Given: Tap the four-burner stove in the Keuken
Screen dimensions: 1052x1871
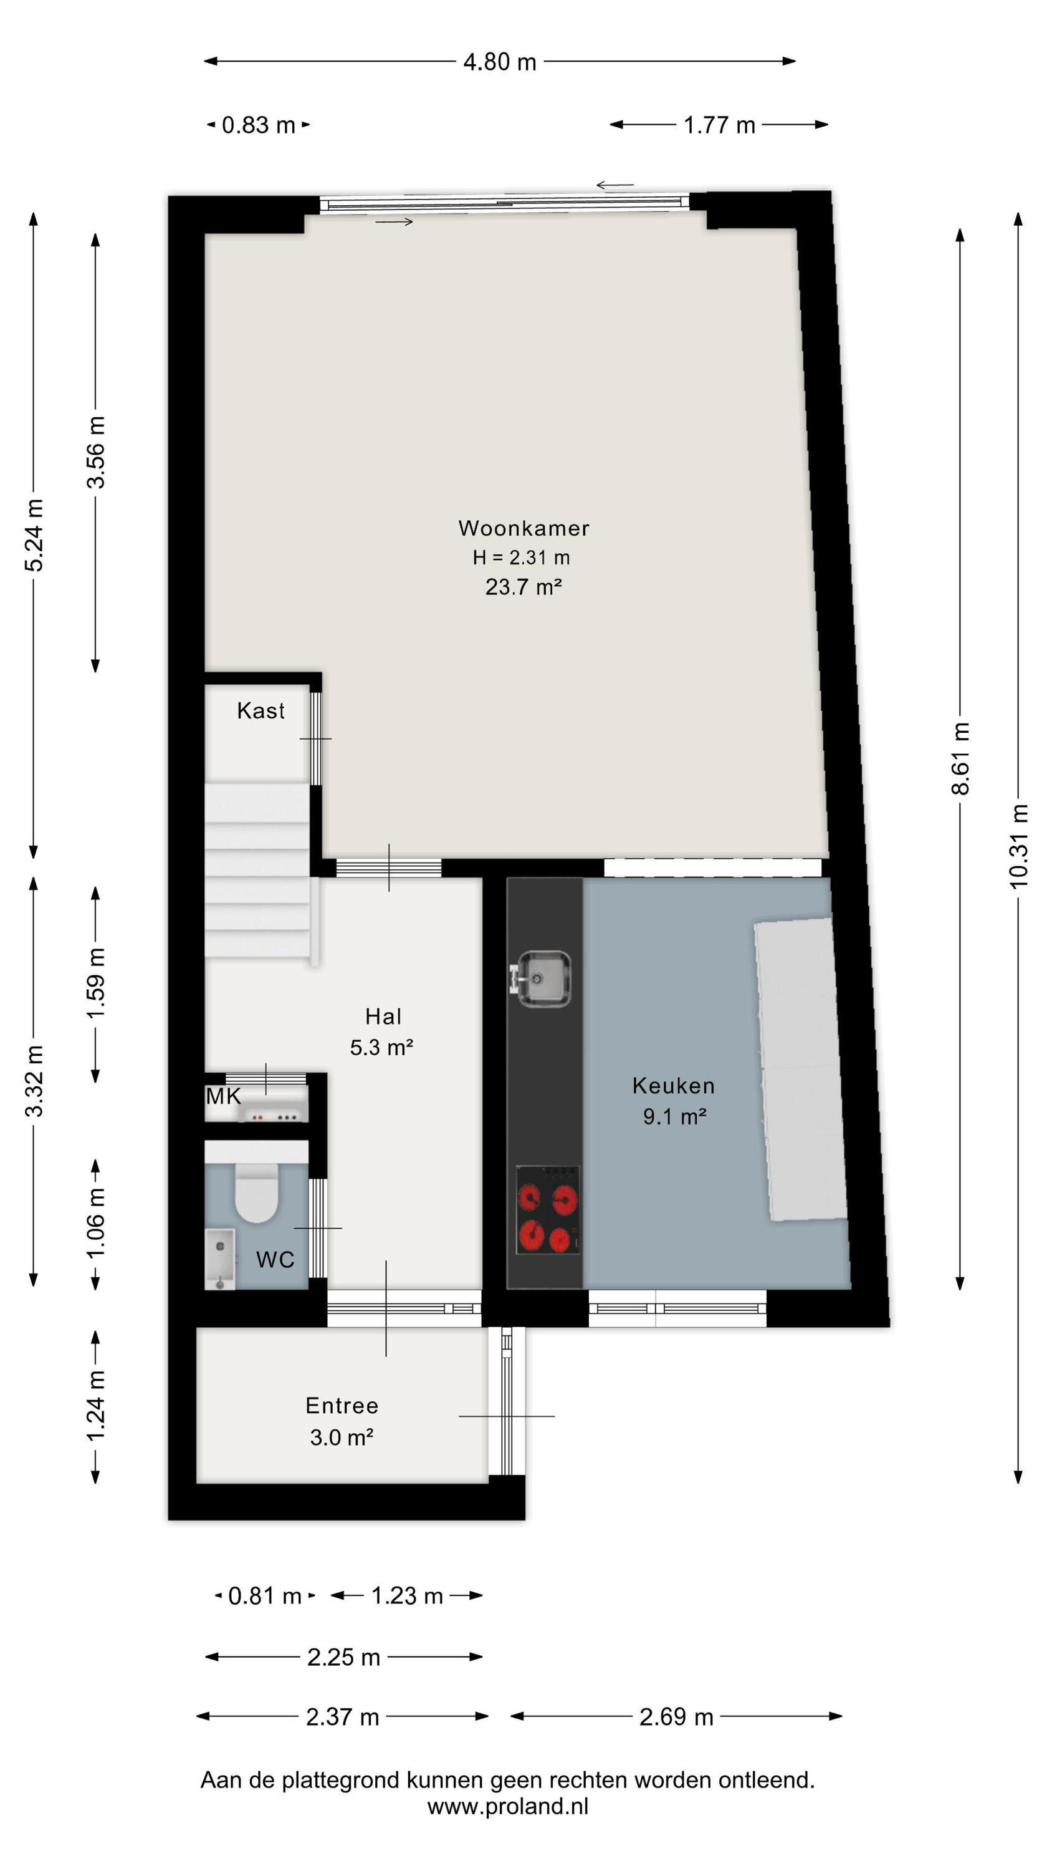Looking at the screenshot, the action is pyautogui.click(x=547, y=1209).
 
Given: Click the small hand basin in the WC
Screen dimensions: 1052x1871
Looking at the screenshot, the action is pyautogui.click(x=220, y=1259).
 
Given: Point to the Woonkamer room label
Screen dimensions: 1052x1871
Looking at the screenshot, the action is pyautogui.click(x=524, y=528).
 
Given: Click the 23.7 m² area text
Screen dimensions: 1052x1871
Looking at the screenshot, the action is pyautogui.click(x=524, y=586).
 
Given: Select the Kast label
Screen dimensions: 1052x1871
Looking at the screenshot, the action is pyautogui.click(x=261, y=710).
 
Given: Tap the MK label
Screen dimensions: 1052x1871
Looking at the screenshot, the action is pyautogui.click(x=223, y=1096).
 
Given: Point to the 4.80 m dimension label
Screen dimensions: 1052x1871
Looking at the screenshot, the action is pyautogui.click(x=499, y=62).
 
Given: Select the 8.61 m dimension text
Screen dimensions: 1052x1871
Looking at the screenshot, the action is pyautogui.click(x=960, y=758).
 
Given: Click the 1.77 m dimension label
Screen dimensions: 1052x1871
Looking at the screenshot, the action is pyautogui.click(x=719, y=125).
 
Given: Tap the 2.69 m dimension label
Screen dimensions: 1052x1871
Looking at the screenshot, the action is pyautogui.click(x=676, y=1716).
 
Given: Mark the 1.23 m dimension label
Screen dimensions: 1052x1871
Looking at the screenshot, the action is pyautogui.click(x=406, y=1596).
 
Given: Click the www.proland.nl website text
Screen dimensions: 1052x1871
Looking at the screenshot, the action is pyautogui.click(x=507, y=1806).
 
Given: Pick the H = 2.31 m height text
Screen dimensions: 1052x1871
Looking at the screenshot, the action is pyautogui.click(x=521, y=557).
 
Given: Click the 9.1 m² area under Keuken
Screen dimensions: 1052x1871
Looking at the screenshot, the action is pyautogui.click(x=674, y=1116).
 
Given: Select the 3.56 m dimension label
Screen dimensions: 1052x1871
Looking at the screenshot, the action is pyautogui.click(x=96, y=452).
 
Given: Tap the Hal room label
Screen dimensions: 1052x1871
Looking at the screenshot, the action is pyautogui.click(x=383, y=1016).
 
